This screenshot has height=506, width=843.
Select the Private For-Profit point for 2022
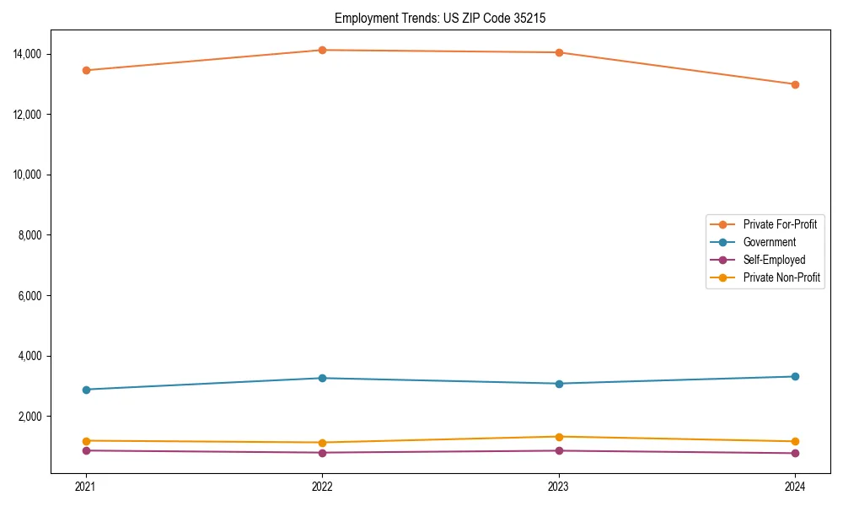[x=322, y=51]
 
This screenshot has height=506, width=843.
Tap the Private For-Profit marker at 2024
[x=795, y=84]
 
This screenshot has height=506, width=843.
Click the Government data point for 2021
[x=85, y=390]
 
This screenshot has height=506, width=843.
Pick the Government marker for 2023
[x=559, y=384]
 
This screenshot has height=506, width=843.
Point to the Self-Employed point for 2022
[x=322, y=453]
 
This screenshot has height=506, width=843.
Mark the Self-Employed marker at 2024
[x=795, y=454]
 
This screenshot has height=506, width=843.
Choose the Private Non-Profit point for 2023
[x=559, y=437]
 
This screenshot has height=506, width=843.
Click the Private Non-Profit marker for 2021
[x=85, y=441]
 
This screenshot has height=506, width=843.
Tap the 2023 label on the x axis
[x=559, y=487]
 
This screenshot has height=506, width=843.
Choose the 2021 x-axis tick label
[x=85, y=487]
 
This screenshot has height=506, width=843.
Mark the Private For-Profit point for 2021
[x=85, y=70]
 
